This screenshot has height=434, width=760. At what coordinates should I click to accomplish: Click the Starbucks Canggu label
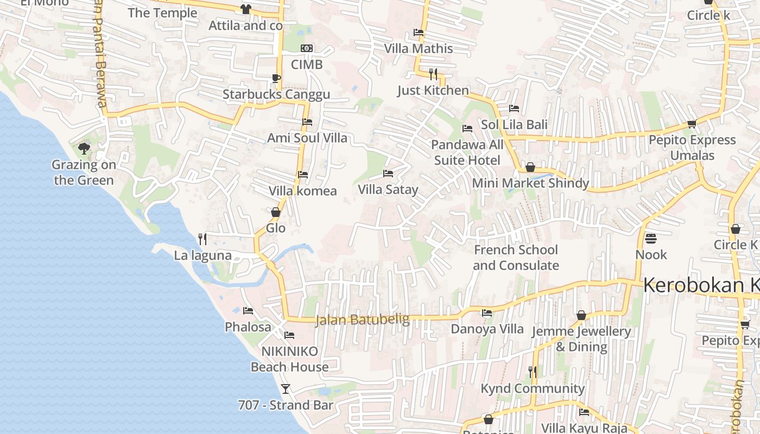[x=276, y=94]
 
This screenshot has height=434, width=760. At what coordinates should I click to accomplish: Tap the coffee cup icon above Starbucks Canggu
[x=276, y=78]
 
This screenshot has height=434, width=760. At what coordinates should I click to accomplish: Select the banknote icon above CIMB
[x=307, y=48]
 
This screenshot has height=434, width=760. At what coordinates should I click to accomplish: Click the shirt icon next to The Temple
[x=245, y=9]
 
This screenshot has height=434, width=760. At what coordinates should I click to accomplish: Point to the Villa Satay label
[x=388, y=189]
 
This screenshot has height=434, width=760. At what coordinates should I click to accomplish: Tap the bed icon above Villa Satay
[x=388, y=174]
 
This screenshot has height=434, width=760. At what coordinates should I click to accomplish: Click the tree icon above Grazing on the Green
[x=84, y=148]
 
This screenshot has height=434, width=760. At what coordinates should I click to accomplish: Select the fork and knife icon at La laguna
[x=202, y=239]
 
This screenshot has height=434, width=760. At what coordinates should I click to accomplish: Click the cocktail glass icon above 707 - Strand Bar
[x=286, y=388]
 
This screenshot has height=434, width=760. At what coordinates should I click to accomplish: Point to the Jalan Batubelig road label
[x=363, y=320]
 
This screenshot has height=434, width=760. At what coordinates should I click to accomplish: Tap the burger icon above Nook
[x=651, y=239]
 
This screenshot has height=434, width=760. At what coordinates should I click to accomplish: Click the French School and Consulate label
[x=516, y=258]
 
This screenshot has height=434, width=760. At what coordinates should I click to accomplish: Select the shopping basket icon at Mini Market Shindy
[x=530, y=167]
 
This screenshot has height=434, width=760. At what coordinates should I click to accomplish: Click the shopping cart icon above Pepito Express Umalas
[x=692, y=124]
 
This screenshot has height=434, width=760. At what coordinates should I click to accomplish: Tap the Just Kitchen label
[x=433, y=90]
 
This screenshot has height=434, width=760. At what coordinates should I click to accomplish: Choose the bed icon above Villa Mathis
[x=419, y=33]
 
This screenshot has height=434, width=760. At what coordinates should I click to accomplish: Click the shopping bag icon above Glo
[x=276, y=212]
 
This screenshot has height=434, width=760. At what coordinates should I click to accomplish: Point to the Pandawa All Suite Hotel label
[x=467, y=152]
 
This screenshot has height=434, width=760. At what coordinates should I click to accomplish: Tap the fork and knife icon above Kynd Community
[x=533, y=372]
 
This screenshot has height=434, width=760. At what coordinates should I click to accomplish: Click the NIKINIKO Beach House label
[x=290, y=359]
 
